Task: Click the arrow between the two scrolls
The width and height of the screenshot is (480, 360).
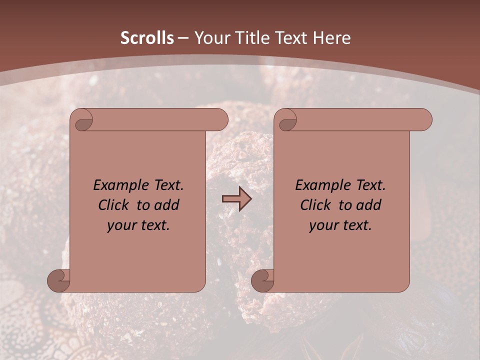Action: pyautogui.click(x=236, y=199)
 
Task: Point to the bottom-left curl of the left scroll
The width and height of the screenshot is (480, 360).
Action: pyautogui.click(x=59, y=280)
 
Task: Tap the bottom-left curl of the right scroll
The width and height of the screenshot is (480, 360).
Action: pyautogui.click(x=263, y=280)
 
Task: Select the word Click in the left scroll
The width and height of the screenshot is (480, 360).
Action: pyautogui.click(x=114, y=205)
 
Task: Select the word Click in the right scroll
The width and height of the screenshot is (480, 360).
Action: pyautogui.click(x=316, y=205)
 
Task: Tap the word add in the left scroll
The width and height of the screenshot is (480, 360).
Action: pyautogui.click(x=167, y=205)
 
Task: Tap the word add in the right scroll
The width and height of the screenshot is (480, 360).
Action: pyautogui.click(x=369, y=205)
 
